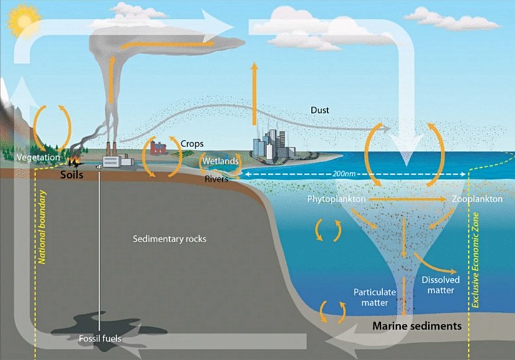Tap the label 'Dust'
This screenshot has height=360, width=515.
tap(319, 110)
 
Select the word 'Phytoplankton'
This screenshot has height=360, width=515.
tap(336, 200)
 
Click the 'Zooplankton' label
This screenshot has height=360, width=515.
tap(476, 200)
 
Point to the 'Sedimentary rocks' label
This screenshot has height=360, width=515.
tap(170, 239)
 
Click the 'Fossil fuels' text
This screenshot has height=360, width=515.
tap(100, 339)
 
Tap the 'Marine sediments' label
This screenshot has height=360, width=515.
tap(416, 326)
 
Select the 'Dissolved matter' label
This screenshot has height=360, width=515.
tap(441, 285)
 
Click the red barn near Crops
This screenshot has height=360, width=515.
tap(159, 148)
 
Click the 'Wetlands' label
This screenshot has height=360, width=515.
tap(221, 161)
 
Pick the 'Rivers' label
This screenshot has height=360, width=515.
tap(217, 179)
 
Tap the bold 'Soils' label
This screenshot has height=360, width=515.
tap(71, 175)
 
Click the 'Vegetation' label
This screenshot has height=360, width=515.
tap(38, 157)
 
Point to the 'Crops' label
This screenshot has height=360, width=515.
tap(192, 144)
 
